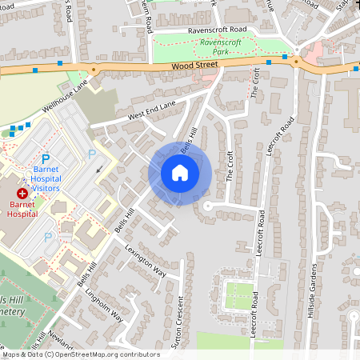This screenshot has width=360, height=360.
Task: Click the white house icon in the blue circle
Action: (x=180, y=172)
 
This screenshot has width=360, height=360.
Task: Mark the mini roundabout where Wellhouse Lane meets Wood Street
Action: (x=93, y=70)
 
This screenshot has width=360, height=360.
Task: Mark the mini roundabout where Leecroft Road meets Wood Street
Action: (x=295, y=61)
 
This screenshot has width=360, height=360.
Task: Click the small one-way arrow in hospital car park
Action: (x=99, y=170)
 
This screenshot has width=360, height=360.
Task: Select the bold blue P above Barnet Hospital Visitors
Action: (x=46, y=160)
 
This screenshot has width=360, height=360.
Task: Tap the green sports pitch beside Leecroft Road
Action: (x=238, y=295)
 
